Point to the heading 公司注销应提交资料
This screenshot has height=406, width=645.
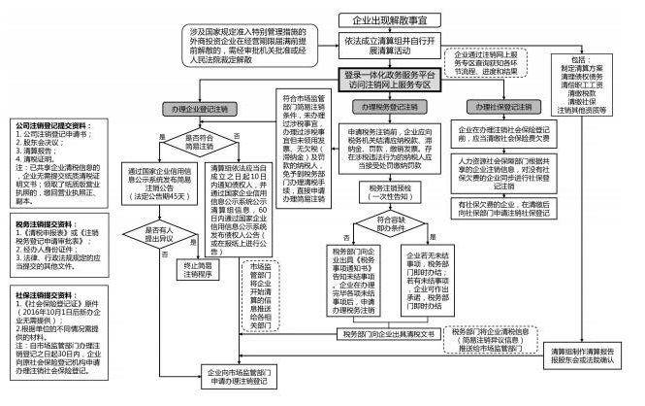tap(48, 125)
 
